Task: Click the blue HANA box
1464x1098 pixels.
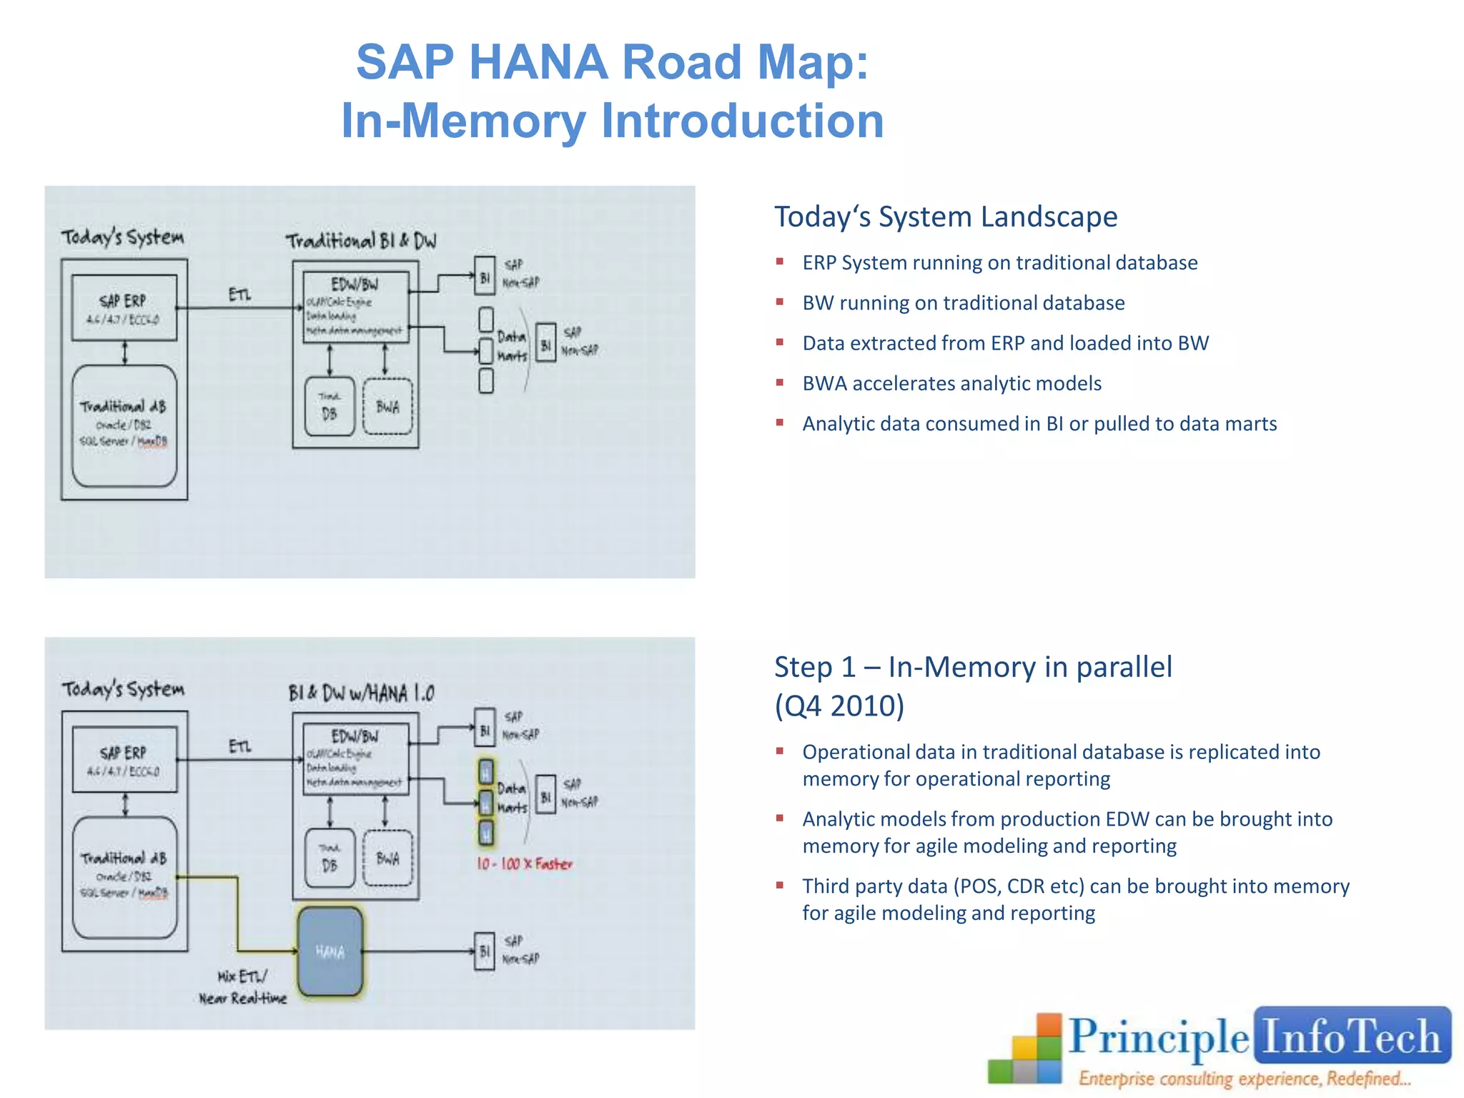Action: coord(330,951)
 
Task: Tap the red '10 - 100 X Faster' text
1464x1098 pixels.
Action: coord(525,864)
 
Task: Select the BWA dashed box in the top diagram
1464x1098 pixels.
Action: coord(387,407)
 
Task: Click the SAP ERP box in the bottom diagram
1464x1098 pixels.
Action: coord(124,760)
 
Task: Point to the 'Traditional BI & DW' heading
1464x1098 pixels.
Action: coord(361,241)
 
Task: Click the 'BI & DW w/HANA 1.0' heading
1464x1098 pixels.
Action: coord(361,693)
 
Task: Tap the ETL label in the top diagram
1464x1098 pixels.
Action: coord(240,295)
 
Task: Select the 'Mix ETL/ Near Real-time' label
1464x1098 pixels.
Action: coord(243,987)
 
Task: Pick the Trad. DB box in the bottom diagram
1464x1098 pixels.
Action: coord(330,859)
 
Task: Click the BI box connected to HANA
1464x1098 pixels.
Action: coord(485,951)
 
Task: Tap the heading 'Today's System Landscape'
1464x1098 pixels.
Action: coord(946,217)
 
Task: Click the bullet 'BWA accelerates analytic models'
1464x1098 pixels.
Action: coord(951,384)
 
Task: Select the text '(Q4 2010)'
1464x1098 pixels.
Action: coord(839,706)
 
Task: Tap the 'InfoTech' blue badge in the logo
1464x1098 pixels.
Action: coord(1351,1036)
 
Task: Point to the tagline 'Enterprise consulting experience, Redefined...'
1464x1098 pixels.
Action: coord(1245,1078)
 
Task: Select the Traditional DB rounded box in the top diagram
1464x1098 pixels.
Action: coord(124,425)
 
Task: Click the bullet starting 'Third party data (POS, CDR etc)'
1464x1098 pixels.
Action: coord(1075,899)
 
